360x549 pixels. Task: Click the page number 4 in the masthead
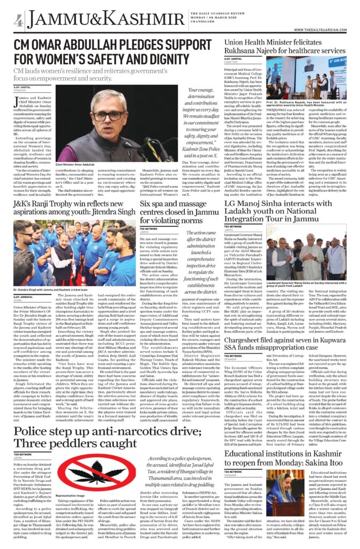[x=18, y=21]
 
